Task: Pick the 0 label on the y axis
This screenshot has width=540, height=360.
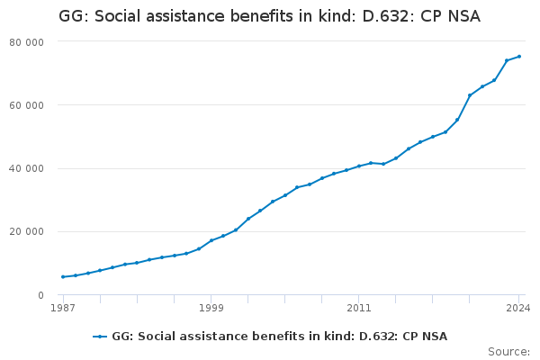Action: [x=40, y=295]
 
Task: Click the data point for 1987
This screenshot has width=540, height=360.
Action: [x=63, y=276]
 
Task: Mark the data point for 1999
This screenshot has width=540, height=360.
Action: [x=211, y=240]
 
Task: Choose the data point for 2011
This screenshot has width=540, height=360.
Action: [x=358, y=166]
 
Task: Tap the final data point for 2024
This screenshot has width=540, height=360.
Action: [x=519, y=57]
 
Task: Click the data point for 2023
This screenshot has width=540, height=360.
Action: [x=507, y=60]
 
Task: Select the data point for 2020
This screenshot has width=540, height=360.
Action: [x=470, y=95]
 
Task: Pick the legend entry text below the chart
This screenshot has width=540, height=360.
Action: [x=279, y=337]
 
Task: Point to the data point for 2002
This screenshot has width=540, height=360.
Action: [x=248, y=219]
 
